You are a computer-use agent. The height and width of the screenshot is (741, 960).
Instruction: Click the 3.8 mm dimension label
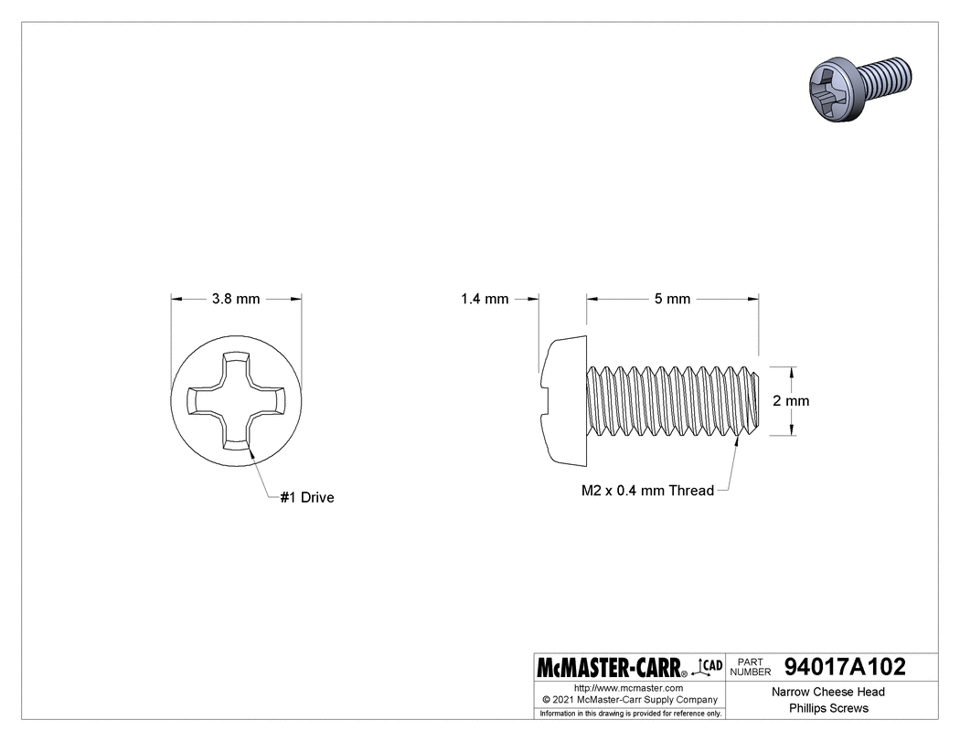click(236, 299)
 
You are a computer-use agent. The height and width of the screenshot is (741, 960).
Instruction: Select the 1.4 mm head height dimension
click(485, 299)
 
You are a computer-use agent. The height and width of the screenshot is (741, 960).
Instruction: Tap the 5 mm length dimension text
click(673, 299)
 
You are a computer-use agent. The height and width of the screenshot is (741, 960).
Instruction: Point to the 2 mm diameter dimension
click(792, 400)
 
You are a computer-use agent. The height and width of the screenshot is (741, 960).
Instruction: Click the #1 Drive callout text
click(307, 498)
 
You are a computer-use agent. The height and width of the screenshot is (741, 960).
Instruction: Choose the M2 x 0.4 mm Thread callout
click(647, 491)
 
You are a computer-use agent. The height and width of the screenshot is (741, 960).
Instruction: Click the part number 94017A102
click(844, 666)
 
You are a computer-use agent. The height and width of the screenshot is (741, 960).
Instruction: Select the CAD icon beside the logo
click(709, 665)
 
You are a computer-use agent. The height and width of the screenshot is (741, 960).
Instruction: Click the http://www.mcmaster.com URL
click(628, 687)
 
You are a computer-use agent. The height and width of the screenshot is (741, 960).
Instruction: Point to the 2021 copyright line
click(628, 699)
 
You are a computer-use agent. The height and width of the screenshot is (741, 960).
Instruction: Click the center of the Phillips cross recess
click(237, 400)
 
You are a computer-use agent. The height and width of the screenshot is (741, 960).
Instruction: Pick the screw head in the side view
click(561, 400)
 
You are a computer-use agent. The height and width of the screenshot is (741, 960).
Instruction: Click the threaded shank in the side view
click(672, 400)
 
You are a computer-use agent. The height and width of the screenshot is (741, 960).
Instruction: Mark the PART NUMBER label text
click(751, 666)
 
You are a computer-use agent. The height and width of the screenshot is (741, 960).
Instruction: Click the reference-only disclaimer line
click(630, 713)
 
